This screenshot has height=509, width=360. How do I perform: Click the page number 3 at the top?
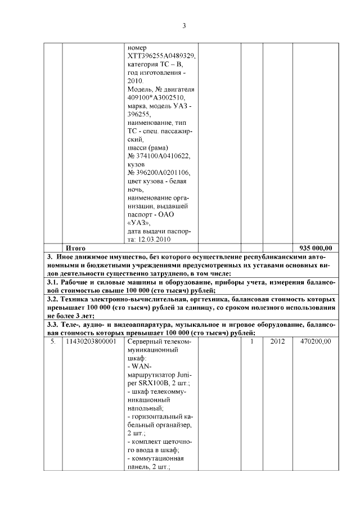coord(184,25)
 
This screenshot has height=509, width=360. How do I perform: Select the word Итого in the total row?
coord(75,247)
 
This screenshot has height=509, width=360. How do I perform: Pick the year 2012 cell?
coord(278,341)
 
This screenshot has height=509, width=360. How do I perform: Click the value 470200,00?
coord(316,341)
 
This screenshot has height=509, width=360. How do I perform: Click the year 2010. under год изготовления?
coord(136,81)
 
